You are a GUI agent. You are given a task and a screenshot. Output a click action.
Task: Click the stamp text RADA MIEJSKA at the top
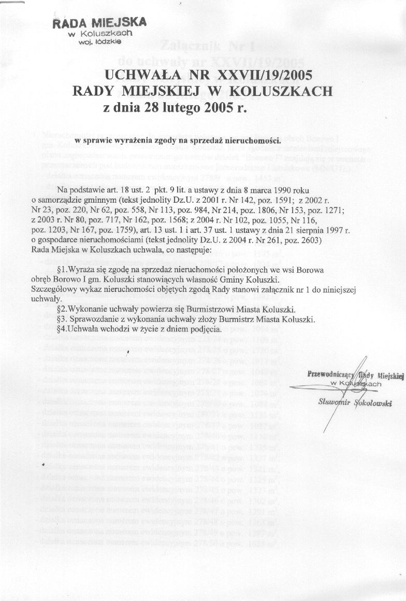coord(99,23)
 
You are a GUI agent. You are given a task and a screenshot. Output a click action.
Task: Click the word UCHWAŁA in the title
coord(140,75)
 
